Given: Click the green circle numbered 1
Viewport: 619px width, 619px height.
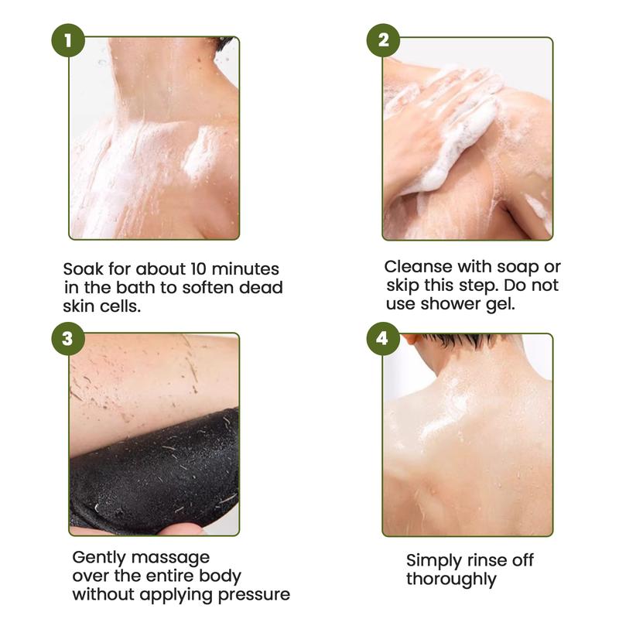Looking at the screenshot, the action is [x=68, y=40].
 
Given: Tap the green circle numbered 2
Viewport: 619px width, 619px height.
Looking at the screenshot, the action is [x=383, y=40].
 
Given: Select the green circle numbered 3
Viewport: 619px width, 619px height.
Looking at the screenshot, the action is [x=68, y=338].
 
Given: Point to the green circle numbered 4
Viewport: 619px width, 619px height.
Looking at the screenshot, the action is [x=383, y=338].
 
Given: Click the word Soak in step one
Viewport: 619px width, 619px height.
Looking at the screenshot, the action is [x=83, y=268].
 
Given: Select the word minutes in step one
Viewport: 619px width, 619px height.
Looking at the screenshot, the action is [x=245, y=268].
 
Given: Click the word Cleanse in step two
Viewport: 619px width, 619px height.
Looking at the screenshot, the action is [x=418, y=266].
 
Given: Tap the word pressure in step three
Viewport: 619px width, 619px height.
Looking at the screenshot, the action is [x=254, y=595].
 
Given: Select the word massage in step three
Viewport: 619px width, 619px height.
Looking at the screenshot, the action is [x=170, y=558].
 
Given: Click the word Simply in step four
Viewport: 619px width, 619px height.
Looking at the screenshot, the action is [x=434, y=561].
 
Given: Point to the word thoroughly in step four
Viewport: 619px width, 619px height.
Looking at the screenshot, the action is [x=451, y=580].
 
